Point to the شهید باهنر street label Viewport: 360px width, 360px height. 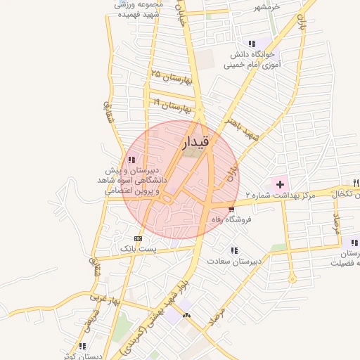(x=243, y=129)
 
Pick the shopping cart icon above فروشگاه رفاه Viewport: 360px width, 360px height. (x=232, y=210)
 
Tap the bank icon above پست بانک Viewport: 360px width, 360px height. (x=136, y=238)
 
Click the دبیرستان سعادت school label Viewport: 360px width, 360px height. (x=234, y=261)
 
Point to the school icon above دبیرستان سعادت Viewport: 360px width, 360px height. (x=233, y=250)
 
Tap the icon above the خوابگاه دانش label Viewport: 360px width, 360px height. (x=252, y=44)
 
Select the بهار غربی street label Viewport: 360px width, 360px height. (x=106, y=299)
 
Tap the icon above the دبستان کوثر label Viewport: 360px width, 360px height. (x=82, y=346)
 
